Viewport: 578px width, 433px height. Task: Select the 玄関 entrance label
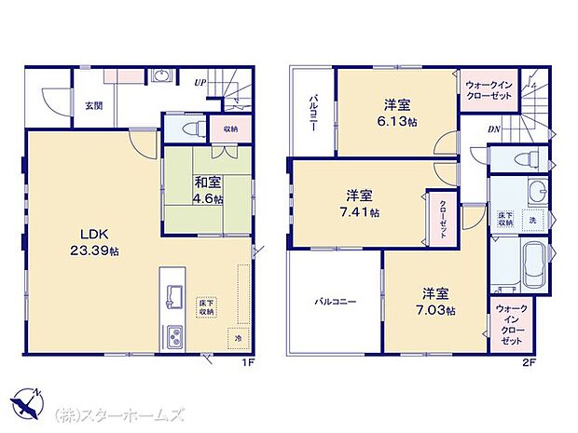[x=93, y=105]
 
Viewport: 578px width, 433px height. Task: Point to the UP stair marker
[x=200, y=82]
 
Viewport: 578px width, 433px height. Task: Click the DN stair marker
[x=494, y=129]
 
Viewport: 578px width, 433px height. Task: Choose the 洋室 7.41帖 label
[x=361, y=204]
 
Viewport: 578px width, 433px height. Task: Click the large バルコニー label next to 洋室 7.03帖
[x=334, y=301]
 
